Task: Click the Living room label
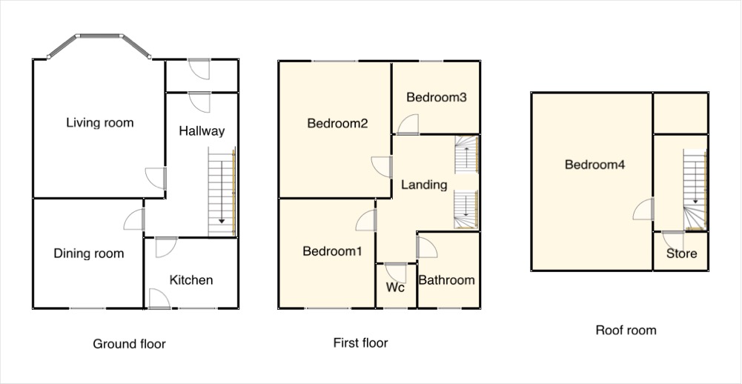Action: coord(100,123)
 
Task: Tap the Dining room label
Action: coord(88,254)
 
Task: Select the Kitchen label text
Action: coord(191,280)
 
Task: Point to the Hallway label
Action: coord(202,131)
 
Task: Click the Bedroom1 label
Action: coord(332,251)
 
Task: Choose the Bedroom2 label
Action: coord(337,124)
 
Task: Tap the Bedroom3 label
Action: coord(437,98)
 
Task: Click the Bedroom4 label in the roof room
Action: coord(594,165)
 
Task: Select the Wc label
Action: coord(395,288)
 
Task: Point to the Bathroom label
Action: coord(447,280)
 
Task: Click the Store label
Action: coord(681,254)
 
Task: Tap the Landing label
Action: coord(424,185)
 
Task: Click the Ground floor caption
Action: coord(129,344)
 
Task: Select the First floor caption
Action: coord(360,342)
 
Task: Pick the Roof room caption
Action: coord(626,330)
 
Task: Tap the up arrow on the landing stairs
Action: coord(466,157)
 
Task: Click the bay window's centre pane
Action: coord(99,36)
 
